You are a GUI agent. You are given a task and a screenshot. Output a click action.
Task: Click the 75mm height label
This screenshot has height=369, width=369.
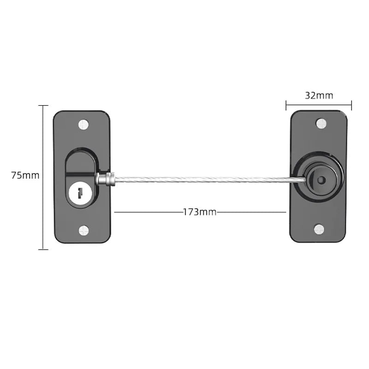point(25,175)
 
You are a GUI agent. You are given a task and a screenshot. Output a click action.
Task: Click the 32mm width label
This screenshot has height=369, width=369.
point(319,95)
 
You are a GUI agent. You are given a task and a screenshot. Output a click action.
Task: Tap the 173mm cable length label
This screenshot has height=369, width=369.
point(200,212)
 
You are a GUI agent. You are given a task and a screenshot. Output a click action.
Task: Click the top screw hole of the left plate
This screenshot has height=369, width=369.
point(83,124)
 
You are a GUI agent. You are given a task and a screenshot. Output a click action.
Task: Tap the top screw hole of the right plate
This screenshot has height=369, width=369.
point(321,123)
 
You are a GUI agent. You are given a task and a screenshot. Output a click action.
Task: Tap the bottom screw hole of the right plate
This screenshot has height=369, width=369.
point(320,229)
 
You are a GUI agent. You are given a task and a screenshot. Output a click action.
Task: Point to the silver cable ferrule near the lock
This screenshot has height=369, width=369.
point(105,179)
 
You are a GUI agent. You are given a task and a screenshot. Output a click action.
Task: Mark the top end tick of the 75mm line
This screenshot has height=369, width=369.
point(43,106)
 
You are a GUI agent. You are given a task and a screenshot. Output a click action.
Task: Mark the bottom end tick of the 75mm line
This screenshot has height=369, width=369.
point(43,250)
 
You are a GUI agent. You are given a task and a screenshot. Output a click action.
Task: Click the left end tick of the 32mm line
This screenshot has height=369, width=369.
point(286,106)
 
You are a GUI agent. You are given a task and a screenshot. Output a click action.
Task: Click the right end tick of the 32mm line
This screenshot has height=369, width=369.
point(351,106)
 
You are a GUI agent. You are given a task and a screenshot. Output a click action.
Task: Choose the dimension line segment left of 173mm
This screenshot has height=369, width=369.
point(148,212)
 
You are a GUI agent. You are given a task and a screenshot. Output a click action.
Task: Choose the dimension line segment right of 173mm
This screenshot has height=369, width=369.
point(251,212)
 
